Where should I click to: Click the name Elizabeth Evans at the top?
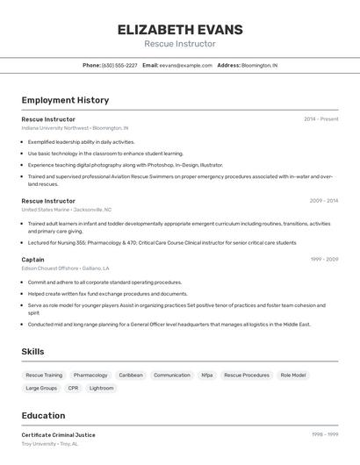tap(180, 29)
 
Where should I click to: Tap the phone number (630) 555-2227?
tap(119, 65)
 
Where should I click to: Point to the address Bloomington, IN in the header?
tap(259, 65)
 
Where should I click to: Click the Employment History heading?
tap(65, 100)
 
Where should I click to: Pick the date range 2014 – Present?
tap(320, 118)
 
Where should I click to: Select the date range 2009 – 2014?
tap(323, 201)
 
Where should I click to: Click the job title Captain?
tap(32, 260)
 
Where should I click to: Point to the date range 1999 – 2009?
tap(323, 260)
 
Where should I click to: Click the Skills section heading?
tap(33, 351)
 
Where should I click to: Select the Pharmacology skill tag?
tap(90, 375)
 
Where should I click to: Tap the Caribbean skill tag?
tap(131, 375)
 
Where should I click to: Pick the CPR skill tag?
tap(73, 388)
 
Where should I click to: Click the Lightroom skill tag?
tap(101, 388)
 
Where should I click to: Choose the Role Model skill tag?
tap(293, 375)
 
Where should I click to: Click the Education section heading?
tap(43, 415)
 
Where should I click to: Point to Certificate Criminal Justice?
tap(58, 435)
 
